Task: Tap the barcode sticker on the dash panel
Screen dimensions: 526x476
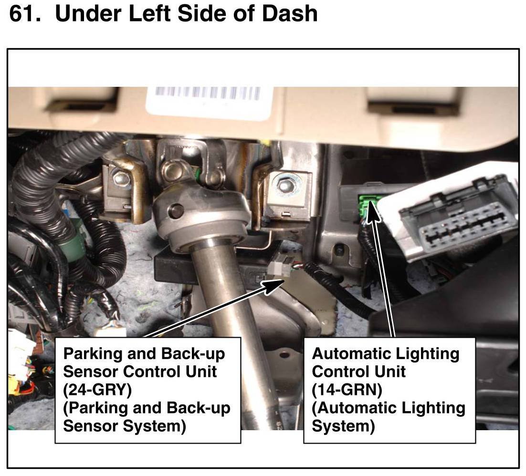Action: coord(208,102)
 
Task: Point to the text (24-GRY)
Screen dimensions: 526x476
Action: coord(97,390)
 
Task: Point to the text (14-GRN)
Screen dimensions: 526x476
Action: coord(347,390)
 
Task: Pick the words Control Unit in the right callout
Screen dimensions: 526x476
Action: coord(358,372)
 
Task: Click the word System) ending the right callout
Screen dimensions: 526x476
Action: coord(343,426)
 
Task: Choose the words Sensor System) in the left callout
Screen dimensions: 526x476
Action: coord(125,426)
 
